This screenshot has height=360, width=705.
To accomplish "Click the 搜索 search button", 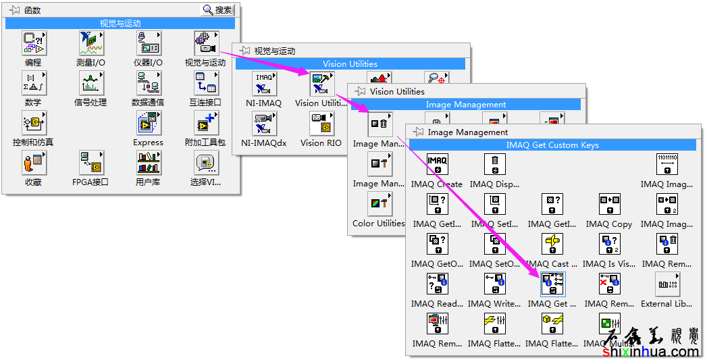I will [x=217, y=10].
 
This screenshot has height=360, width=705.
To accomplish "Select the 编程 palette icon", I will [x=33, y=44].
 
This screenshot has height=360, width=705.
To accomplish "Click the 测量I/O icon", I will [x=90, y=44].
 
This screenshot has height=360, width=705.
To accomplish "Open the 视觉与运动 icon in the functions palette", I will [x=205, y=44].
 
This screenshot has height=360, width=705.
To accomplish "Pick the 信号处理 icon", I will [x=90, y=84].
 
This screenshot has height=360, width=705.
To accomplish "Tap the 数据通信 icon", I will [x=148, y=84].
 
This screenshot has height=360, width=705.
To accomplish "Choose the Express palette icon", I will [x=148, y=124].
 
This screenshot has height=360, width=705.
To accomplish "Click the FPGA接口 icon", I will [x=90, y=163].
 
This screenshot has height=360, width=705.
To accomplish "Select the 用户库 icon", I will [x=148, y=163].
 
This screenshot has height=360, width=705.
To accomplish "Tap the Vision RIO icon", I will [x=321, y=124].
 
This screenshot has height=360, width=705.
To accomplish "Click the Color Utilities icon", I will [x=379, y=204].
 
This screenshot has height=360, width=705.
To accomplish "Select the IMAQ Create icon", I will [x=437, y=165].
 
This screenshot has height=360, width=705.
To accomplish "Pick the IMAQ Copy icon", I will [x=609, y=205].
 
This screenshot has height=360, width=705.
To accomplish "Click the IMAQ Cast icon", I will [x=552, y=245].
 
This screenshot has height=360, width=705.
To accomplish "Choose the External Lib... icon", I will [x=667, y=284].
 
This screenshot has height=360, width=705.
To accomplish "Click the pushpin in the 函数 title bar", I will [x=14, y=10].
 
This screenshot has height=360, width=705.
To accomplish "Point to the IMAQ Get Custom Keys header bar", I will [x=552, y=145].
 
